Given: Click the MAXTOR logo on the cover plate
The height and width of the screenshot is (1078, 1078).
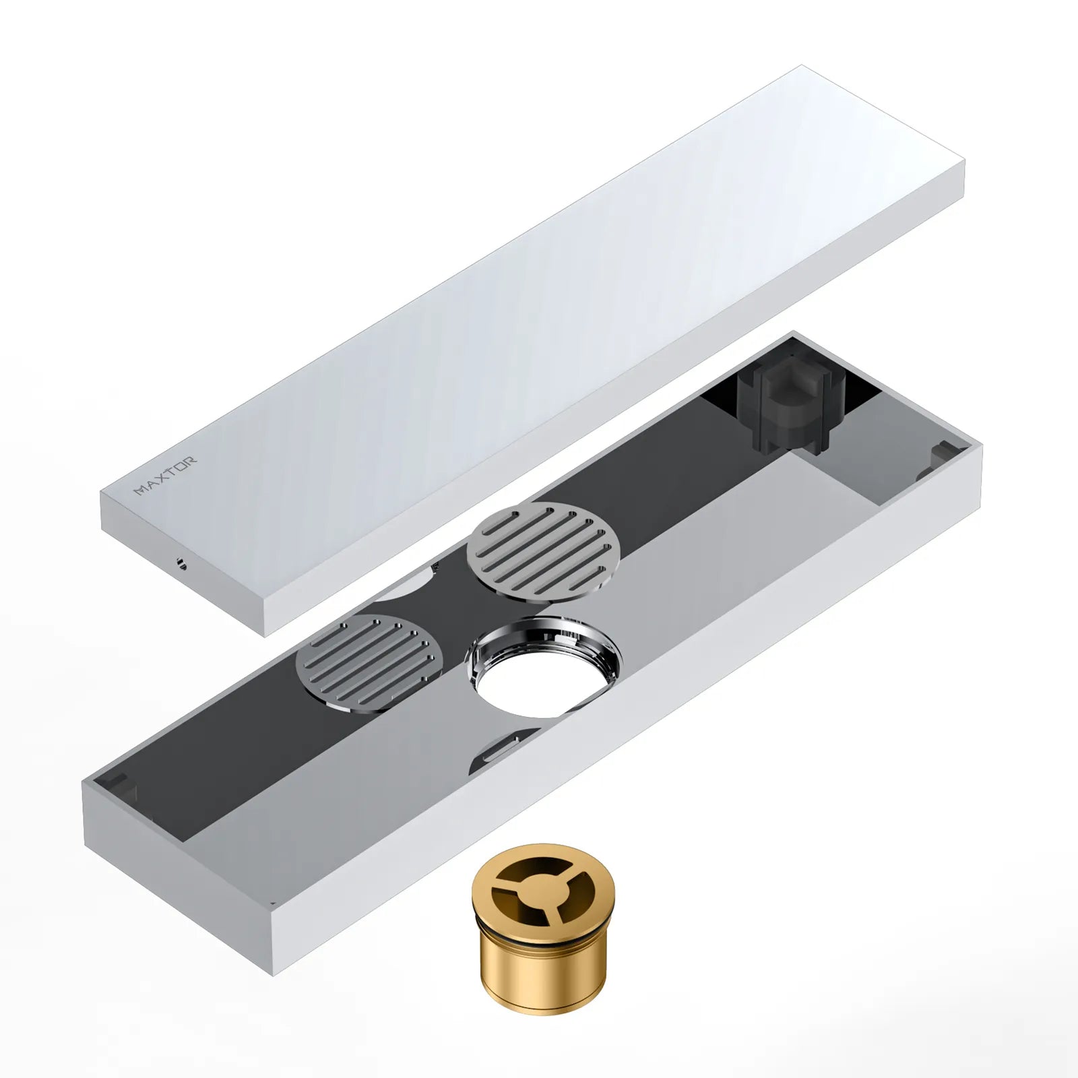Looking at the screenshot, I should coord(165,476).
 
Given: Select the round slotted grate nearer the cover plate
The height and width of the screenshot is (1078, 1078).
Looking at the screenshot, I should coord(543,548).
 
